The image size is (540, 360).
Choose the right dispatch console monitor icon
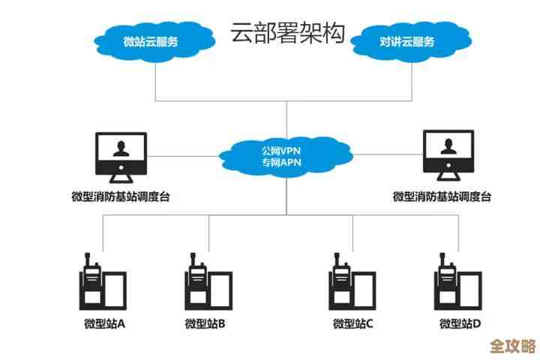tap(448, 156)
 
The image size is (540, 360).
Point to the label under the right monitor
tap(442, 197)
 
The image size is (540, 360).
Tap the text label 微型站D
tap(460, 324)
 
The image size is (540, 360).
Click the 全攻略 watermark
tap(512, 346)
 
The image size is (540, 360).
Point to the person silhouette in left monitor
tap(120, 148)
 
